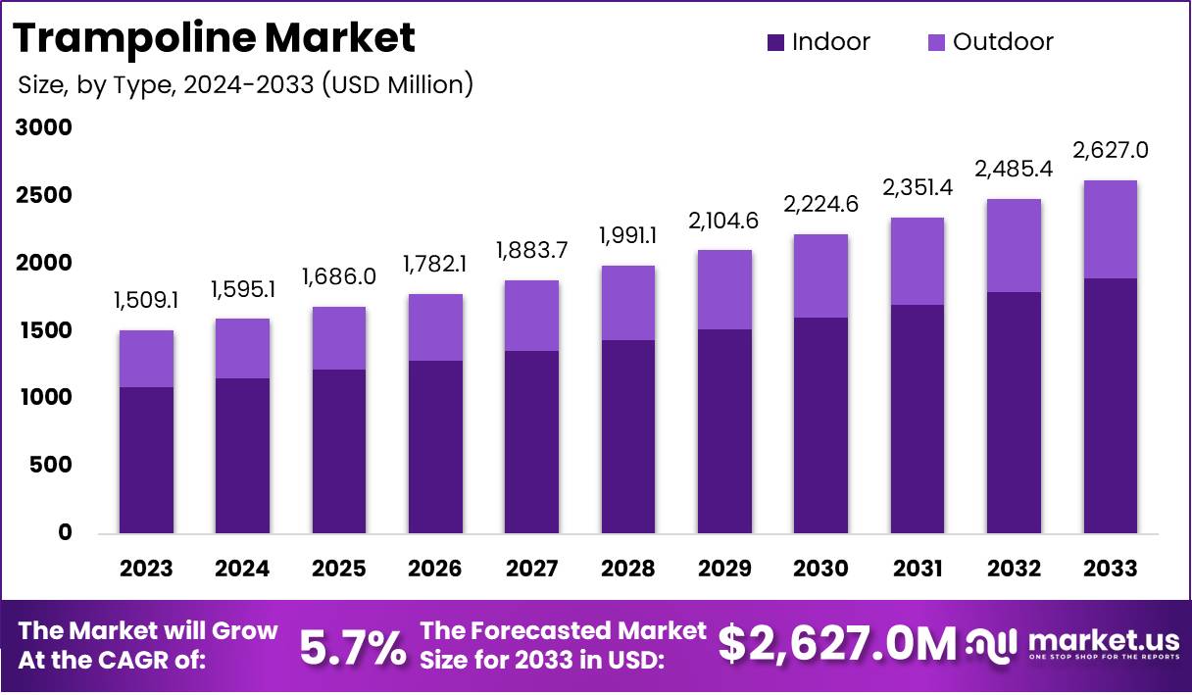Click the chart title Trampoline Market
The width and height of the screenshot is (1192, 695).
214,38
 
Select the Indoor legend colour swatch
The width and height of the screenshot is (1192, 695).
776,42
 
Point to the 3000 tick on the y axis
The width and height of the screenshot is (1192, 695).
43,127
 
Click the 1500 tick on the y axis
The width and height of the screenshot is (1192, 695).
43,330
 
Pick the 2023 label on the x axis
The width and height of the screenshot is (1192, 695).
146,569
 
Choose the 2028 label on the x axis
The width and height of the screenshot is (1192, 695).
627,569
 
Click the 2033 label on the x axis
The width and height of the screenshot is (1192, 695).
1110,569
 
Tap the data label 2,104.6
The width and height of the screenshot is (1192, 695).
724,222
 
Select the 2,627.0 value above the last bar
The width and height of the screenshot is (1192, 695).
1110,151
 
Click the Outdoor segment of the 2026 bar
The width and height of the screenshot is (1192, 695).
435,327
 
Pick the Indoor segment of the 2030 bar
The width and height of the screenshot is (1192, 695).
820,425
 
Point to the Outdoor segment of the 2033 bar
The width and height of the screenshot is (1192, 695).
1110,229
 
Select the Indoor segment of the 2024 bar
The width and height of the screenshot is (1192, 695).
242,456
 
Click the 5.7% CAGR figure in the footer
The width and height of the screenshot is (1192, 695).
352,646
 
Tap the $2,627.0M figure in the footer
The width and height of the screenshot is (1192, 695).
836,644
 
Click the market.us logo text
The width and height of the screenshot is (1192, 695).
1103,640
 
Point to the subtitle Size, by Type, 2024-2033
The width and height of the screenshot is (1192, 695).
245,84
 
